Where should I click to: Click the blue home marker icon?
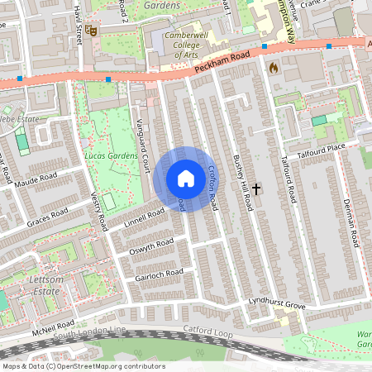click(185, 179)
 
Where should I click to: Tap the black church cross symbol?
click(256, 189)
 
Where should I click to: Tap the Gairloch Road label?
click(158, 274)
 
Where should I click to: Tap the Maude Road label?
click(34, 178)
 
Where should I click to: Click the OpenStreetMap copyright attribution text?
click(83, 365)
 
